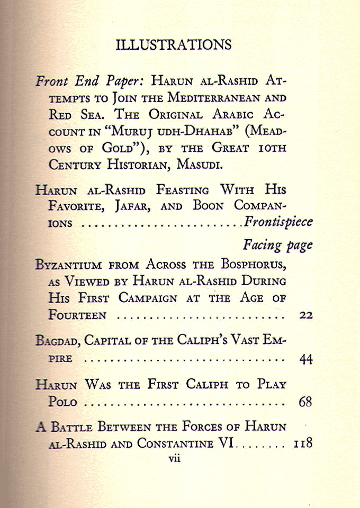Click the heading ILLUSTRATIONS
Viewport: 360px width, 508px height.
pyautogui.click(x=173, y=44)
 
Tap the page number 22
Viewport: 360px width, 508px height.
pyautogui.click(x=305, y=316)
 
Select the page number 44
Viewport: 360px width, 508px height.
pyautogui.click(x=305, y=359)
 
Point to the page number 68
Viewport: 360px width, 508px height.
pyautogui.click(x=305, y=402)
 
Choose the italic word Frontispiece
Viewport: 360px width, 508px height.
pyautogui.click(x=278, y=222)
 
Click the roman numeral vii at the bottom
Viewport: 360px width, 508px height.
pyautogui.click(x=174, y=459)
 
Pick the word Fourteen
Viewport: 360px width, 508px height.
pyautogui.click(x=77, y=315)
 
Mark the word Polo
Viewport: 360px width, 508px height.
pyautogui.click(x=62, y=402)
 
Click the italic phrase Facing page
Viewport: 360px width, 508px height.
pyautogui.click(x=278, y=245)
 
